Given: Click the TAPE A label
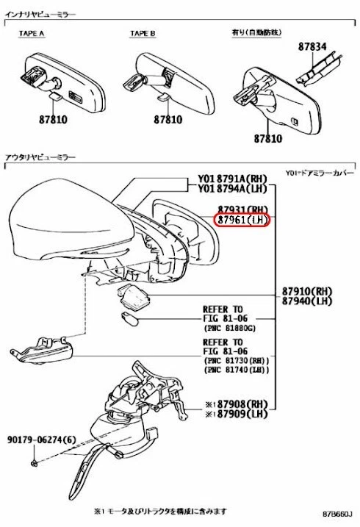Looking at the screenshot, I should pos(32,33).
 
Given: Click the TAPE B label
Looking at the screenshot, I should pos(143,33).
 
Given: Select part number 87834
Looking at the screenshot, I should pos(312,46).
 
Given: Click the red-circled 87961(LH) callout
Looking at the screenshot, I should pos(243,221).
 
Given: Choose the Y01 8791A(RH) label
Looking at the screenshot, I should pos(232,178).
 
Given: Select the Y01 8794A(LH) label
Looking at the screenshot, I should pos(232,188).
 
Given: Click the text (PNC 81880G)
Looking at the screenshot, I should pos(231,329).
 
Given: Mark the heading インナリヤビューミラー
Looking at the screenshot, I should pos(43,15).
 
